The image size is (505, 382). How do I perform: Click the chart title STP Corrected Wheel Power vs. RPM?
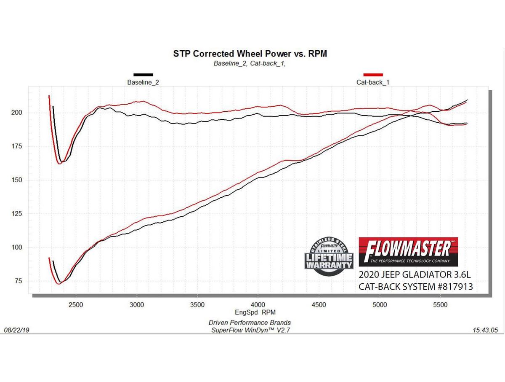250,54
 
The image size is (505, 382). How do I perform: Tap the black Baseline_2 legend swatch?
143,75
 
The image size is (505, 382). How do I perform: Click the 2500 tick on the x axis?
76,304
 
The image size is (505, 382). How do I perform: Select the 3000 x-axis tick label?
137,304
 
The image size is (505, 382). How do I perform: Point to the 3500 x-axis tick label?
197,304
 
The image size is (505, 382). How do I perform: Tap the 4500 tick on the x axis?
319,304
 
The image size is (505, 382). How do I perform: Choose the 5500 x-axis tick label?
440,304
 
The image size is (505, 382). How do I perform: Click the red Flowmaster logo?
408,252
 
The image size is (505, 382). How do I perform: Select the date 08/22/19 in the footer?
16,331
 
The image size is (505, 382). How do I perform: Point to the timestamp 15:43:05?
486,331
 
